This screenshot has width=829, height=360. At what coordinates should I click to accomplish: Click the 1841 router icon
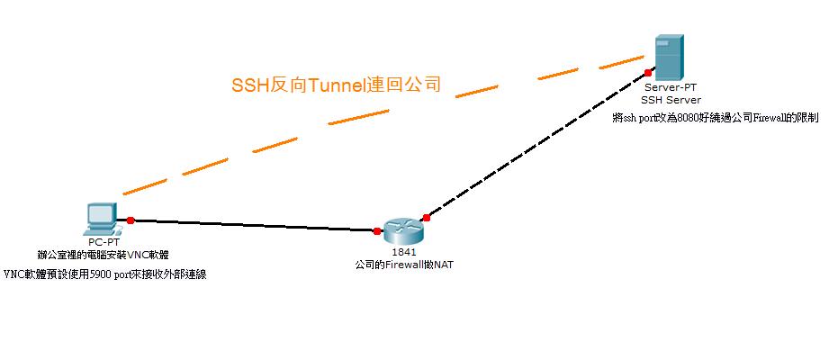[401, 230]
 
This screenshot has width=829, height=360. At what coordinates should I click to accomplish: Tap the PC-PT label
[101, 242]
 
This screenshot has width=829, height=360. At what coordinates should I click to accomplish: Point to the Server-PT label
[671, 87]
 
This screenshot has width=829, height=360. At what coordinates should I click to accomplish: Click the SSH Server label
[671, 100]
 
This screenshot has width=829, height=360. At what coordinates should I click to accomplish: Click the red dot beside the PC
[131, 220]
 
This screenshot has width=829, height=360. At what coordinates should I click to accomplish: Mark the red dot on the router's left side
[377, 231]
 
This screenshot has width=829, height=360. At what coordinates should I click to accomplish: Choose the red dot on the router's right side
[427, 217]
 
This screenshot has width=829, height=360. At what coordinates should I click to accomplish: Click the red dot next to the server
[647, 72]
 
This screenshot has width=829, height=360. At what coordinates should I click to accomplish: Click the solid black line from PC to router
[252, 225]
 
